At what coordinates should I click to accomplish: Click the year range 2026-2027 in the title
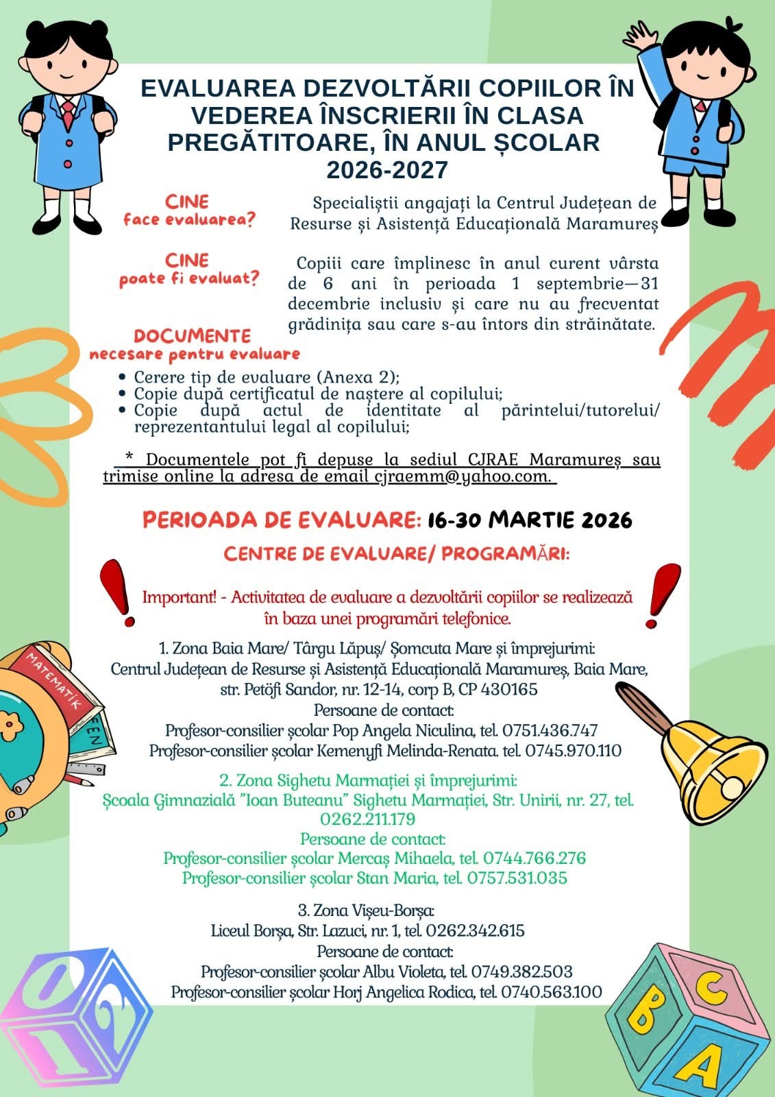(387, 169)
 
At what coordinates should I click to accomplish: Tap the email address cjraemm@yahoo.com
(461, 477)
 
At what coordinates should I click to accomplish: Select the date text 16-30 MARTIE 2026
(529, 520)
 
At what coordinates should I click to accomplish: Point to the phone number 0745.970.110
(573, 751)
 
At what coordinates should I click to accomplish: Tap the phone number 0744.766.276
(534, 858)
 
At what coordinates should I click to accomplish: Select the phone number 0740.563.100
(552, 992)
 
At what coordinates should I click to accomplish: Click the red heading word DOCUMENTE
(192, 337)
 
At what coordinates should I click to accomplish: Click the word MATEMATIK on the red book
(53, 682)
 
